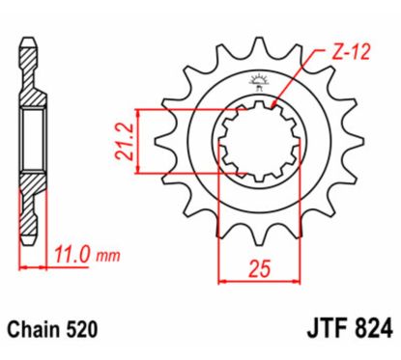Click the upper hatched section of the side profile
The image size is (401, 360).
click(x=32, y=92)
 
